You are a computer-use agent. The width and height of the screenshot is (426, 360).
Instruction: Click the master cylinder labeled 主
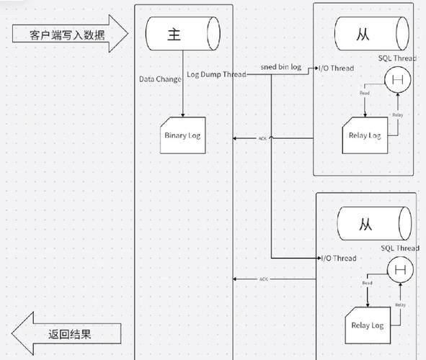182,33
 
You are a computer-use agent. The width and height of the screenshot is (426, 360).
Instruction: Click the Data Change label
160,79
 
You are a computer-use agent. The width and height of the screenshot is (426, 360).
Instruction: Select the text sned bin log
280,68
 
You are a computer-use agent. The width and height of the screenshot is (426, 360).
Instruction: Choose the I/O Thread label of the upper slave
337,68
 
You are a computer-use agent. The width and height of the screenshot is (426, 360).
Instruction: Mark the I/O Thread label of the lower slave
337,258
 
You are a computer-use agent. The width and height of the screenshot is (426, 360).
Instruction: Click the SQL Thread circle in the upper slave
395,80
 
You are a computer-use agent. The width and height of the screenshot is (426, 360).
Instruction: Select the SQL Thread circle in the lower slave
399,271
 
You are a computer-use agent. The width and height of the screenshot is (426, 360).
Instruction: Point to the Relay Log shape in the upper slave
365,133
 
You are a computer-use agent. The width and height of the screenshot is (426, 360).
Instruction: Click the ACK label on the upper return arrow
263,138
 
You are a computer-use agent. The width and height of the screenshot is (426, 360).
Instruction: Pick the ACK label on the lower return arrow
264,279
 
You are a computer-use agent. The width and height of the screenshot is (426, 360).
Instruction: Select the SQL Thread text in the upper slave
399,58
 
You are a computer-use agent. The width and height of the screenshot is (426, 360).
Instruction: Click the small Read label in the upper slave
365,93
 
